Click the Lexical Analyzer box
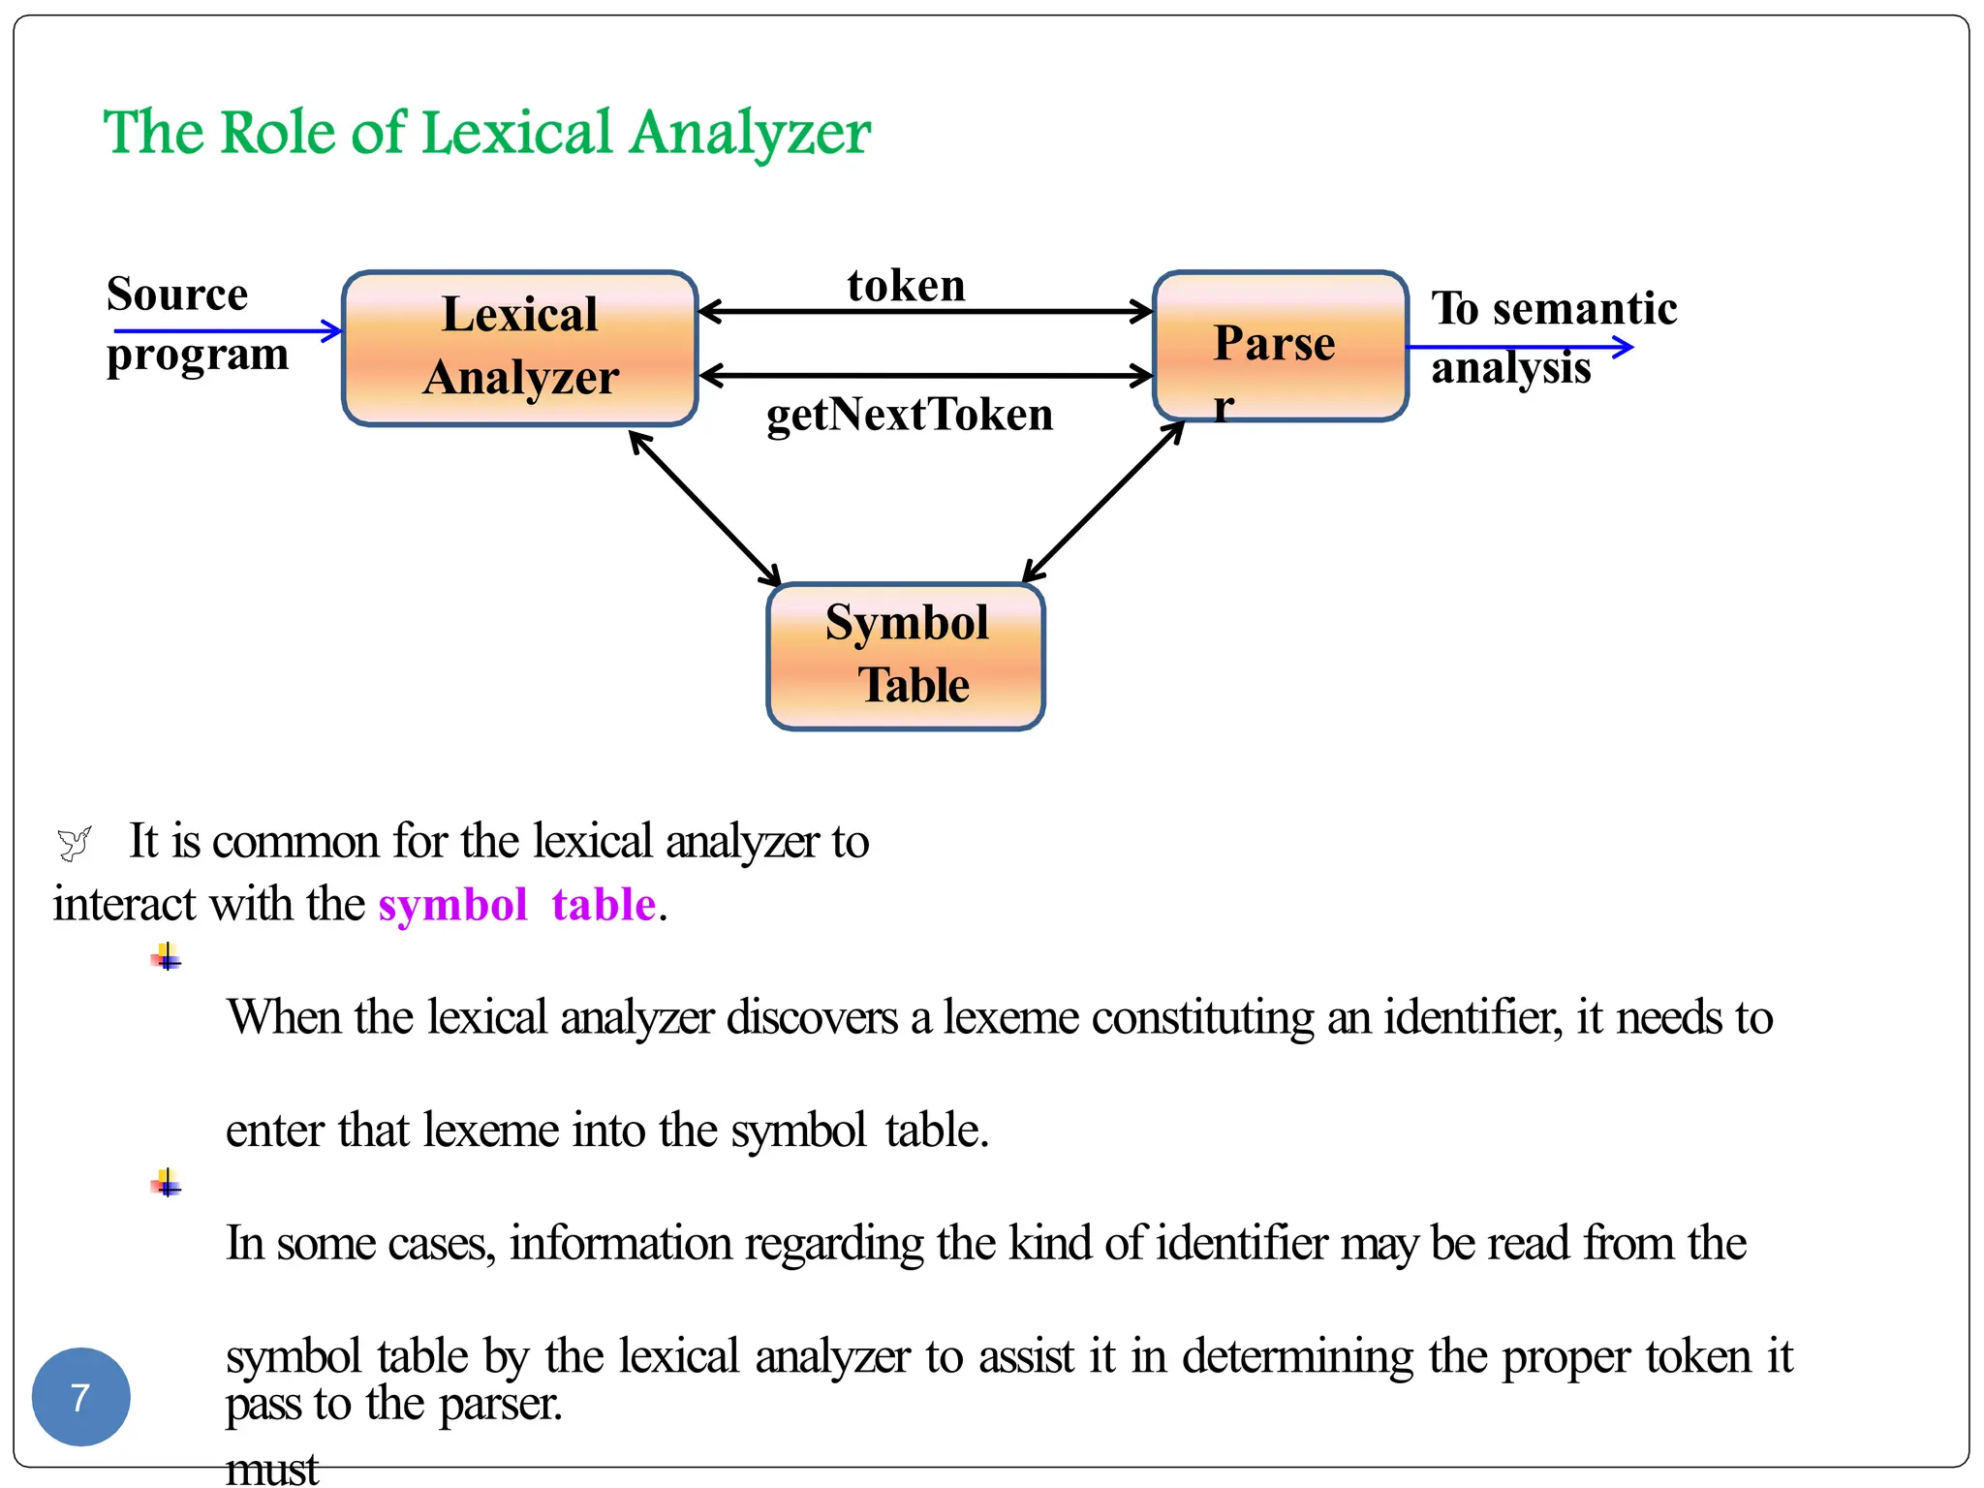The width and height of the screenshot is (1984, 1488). point(520,347)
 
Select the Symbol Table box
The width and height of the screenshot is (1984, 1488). point(906,656)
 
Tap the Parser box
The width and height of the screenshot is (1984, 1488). point(1280,346)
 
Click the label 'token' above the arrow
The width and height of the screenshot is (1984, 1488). point(906,285)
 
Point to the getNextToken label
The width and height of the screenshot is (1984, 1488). point(910,415)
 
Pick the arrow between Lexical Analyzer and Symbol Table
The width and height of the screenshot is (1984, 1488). point(704,509)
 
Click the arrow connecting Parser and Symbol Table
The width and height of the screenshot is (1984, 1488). point(1103,502)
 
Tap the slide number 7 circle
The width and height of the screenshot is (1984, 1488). point(81,1397)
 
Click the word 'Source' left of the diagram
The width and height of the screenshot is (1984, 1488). point(177,294)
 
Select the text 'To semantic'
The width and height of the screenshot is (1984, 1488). point(1554,308)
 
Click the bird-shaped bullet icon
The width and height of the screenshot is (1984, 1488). point(74,843)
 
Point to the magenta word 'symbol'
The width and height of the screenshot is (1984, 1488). point(452,905)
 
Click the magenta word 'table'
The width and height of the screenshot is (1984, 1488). point(604,905)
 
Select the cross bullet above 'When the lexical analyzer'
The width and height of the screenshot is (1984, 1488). point(167,958)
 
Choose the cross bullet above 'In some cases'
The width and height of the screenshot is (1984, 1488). point(167,1183)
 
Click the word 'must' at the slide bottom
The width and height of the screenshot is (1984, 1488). point(272,1470)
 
